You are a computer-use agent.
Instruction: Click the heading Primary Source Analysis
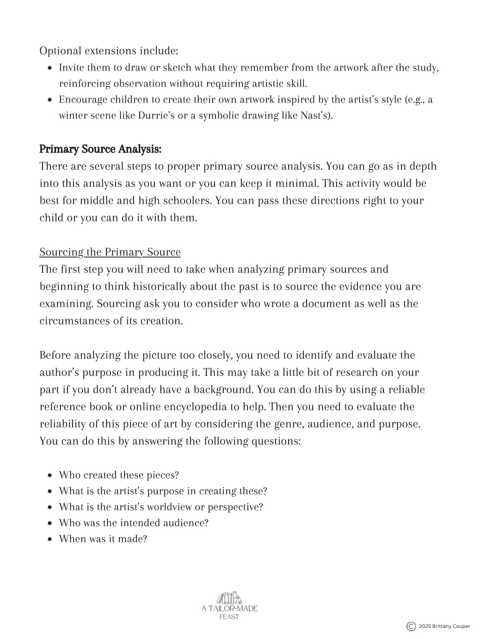100,149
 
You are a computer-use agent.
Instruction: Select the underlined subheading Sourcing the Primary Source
110,252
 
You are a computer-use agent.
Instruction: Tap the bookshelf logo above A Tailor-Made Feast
229,598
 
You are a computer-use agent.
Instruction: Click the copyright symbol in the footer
411,627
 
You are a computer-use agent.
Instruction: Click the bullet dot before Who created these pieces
49,475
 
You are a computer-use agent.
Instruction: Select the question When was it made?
103,539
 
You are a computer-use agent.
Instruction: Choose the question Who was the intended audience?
134,523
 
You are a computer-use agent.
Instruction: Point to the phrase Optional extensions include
109,51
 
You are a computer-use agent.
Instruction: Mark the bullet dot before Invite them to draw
49,68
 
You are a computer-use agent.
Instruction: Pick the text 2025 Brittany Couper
444,627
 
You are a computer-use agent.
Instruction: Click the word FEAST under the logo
229,617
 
